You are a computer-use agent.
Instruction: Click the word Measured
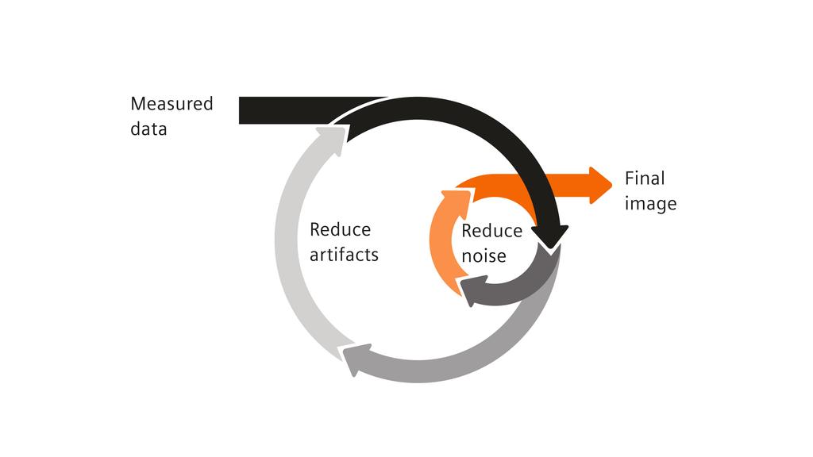point(171,104)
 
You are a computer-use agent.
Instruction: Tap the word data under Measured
point(148,129)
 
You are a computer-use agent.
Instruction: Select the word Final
point(645,179)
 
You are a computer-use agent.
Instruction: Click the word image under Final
point(650,204)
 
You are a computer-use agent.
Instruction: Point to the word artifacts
point(344,255)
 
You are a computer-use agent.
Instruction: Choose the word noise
point(484,256)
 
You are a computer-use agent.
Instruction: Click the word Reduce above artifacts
point(340,230)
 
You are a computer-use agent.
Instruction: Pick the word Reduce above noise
point(491,231)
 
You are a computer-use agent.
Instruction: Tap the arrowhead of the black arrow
point(549,236)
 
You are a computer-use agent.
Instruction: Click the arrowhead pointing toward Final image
point(600,186)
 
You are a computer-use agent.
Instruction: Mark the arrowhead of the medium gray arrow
point(356,361)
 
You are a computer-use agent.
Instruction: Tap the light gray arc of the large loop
point(287,254)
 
